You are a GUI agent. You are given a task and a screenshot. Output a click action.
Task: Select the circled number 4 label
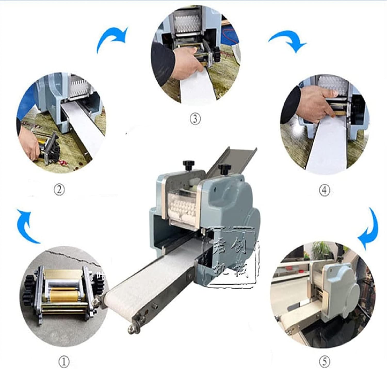click(325, 190)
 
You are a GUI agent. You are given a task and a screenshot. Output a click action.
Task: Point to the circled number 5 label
click(325, 362)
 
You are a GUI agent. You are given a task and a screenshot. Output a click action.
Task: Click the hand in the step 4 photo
click(313, 103)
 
